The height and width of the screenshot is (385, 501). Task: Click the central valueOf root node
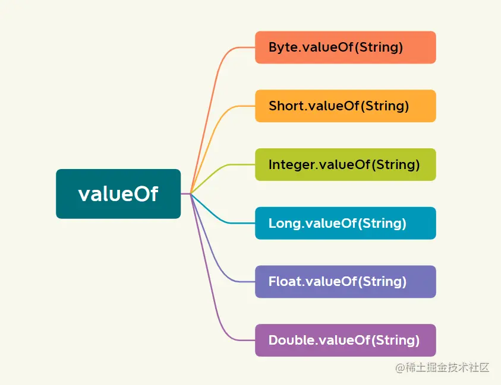(118, 194)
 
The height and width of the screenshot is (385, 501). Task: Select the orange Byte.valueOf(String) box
(345, 47)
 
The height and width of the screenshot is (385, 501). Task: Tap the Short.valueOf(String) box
(345, 106)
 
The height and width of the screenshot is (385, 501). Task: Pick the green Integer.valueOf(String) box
(345, 164)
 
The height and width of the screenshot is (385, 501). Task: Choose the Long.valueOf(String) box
(345, 223)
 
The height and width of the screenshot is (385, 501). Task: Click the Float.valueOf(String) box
(345, 282)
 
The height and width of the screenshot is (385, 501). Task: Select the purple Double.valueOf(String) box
(345, 340)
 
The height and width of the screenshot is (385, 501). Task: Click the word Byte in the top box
(283, 47)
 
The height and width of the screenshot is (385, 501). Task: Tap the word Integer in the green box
(291, 164)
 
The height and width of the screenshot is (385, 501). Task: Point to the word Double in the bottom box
(291, 340)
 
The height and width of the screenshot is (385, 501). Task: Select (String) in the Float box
(382, 282)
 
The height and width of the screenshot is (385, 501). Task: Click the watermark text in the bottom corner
(442, 368)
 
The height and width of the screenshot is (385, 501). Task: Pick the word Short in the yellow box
(285, 106)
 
